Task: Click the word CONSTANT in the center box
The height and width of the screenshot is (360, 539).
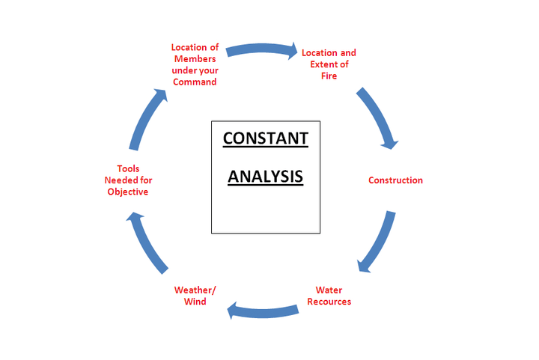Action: click(265, 138)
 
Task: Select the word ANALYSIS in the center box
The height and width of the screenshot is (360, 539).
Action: click(265, 177)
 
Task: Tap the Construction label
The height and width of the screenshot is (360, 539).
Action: click(395, 180)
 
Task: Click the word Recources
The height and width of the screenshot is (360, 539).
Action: click(329, 302)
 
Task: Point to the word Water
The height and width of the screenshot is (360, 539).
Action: click(329, 290)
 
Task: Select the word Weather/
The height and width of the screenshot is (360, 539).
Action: click(195, 290)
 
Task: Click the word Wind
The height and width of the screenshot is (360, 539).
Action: click(195, 302)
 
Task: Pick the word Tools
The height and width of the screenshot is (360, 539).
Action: click(128, 168)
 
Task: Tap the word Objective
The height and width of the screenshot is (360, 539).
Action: click(128, 192)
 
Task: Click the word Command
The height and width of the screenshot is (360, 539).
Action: click(195, 82)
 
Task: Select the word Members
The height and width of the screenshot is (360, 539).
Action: click(195, 58)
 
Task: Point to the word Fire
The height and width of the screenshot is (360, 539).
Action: click(329, 76)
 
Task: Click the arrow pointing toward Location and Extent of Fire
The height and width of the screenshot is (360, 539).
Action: click(261, 49)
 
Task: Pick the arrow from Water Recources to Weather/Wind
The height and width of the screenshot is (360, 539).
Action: click(263, 312)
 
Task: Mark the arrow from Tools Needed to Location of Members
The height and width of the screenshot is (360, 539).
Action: click(147, 118)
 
